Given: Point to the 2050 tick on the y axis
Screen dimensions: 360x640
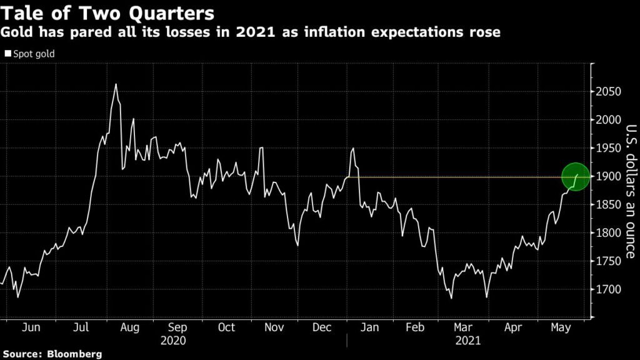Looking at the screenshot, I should [607, 92].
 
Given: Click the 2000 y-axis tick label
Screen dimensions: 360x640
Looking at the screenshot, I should [607, 120].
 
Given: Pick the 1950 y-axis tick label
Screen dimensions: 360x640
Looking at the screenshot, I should [607, 148].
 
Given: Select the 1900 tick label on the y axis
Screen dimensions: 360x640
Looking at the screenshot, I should [607, 177].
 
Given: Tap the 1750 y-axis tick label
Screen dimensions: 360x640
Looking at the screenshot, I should [607, 261].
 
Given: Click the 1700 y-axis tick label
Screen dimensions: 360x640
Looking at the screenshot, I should [607, 290].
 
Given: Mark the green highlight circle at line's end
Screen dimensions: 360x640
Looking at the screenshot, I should [576, 177].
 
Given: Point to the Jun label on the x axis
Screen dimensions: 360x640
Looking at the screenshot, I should [31, 327].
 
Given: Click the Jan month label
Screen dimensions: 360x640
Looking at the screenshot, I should [371, 327].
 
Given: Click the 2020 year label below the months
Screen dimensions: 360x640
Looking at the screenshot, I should [174, 341].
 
